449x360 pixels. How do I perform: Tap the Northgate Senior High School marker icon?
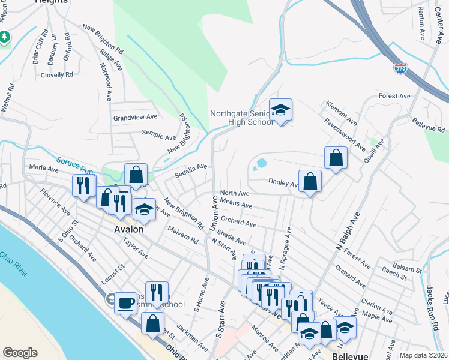click(x=280, y=110)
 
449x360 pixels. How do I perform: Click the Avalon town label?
click(x=129, y=229)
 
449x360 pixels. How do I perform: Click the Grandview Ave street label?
click(x=135, y=118)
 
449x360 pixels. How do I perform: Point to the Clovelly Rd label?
click(x=56, y=75)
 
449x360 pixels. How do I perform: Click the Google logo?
click(x=20, y=353)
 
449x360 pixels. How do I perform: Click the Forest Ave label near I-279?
click(x=394, y=96)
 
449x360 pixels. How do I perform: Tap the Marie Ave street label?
click(x=44, y=169)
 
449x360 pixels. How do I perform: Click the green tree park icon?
click(x=4, y=37)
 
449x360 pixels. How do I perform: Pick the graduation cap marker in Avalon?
click(x=144, y=209)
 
